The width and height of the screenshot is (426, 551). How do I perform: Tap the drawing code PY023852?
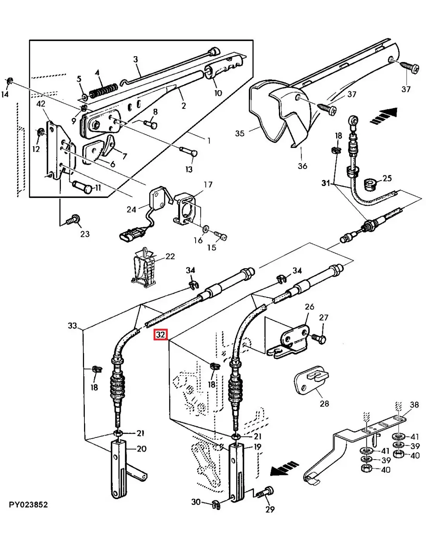click(x=28, y=505)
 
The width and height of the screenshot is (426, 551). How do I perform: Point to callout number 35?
click(x=240, y=133)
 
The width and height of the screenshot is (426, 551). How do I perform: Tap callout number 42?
click(x=41, y=104)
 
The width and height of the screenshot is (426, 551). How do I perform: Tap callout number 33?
click(x=72, y=326)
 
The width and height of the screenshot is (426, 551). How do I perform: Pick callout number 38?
click(x=414, y=405)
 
